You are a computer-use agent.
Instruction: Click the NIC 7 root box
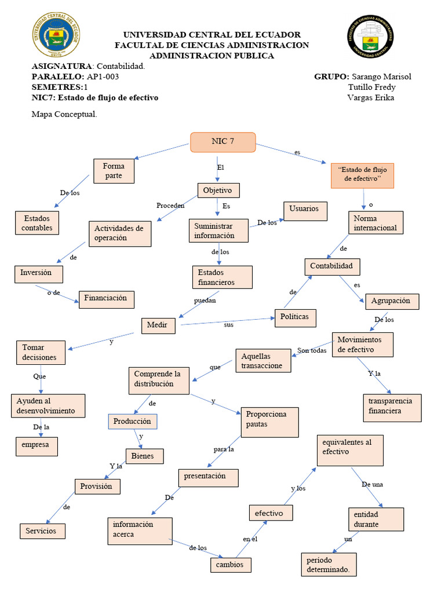[x=223, y=142]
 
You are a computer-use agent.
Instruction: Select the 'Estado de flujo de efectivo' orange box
[x=362, y=175]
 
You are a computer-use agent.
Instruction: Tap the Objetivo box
[x=218, y=190]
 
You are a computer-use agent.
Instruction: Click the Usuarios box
[x=305, y=208]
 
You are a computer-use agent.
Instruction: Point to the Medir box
[x=158, y=325]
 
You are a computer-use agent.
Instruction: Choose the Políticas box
[x=298, y=317]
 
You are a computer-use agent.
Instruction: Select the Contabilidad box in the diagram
[x=332, y=266]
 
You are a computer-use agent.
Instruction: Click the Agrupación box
[x=391, y=301]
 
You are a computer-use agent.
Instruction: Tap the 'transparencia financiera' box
[x=391, y=407]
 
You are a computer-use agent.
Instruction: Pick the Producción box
[x=133, y=421]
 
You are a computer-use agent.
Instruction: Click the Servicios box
[x=42, y=530]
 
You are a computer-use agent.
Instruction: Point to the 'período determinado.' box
[x=329, y=565]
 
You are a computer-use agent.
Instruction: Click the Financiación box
[x=107, y=299]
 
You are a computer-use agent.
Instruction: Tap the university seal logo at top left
[x=56, y=36]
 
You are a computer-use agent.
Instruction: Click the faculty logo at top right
[x=372, y=36]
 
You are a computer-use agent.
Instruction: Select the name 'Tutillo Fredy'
[x=371, y=87]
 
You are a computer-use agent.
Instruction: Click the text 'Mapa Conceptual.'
[x=64, y=114]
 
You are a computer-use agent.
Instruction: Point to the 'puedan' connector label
[x=205, y=301]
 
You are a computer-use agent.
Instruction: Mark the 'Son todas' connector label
[x=312, y=350]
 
